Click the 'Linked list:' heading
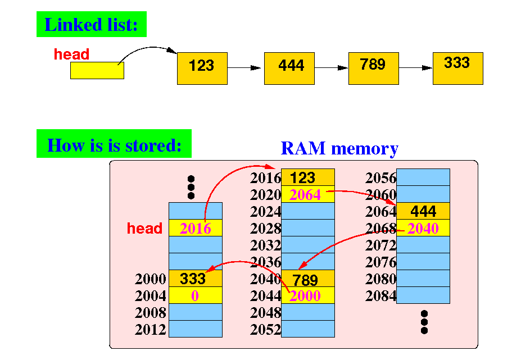point(92,24)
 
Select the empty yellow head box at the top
point(97,70)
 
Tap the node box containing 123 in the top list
point(202,69)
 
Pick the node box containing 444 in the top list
point(289,69)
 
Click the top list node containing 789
point(374,69)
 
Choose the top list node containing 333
point(458,69)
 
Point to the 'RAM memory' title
point(339,148)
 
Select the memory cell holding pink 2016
point(196,228)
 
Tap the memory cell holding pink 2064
point(307,194)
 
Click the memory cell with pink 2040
point(423,228)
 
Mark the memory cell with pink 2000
point(307,295)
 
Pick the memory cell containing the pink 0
point(196,295)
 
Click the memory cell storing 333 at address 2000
point(196,279)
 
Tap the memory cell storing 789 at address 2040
point(307,279)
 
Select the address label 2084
point(381,295)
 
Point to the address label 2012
point(151,330)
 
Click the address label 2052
point(265,330)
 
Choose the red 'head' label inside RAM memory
point(144,228)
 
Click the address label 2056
point(381,178)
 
